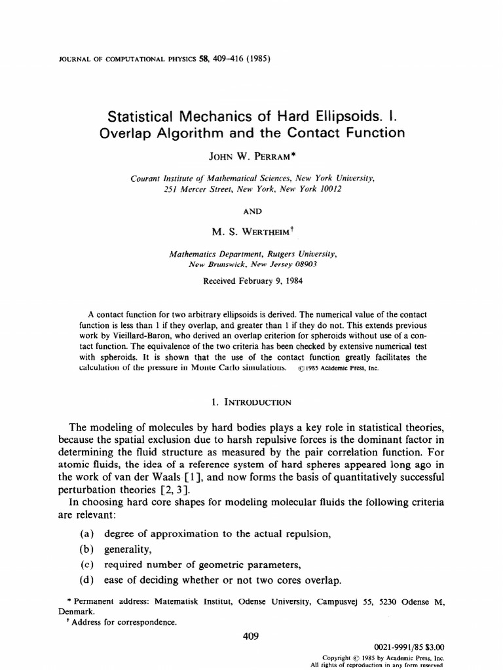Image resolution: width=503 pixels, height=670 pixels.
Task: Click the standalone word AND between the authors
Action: tap(252, 211)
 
